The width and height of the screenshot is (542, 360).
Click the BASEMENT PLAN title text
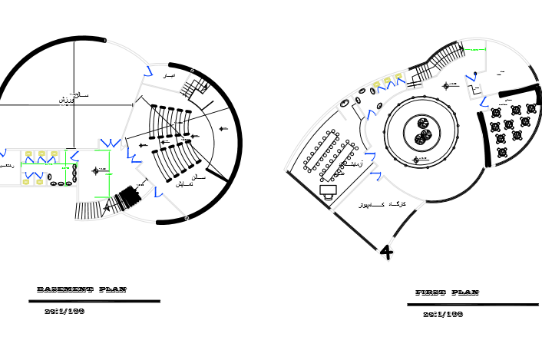(81, 289)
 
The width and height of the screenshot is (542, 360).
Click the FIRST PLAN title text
(447, 292)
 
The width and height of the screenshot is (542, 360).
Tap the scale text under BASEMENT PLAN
(64, 311)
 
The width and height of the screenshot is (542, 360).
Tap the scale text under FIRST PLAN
(443, 314)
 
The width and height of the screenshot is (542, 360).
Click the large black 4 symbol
(386, 251)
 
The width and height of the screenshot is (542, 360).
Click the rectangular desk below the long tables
(329, 190)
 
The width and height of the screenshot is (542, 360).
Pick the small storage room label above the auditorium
(170, 77)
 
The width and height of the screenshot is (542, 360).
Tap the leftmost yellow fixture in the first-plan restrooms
(376, 85)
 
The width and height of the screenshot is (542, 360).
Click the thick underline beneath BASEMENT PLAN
(98, 302)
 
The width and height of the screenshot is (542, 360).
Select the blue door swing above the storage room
(147, 70)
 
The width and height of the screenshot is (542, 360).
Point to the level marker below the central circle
(415, 160)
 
